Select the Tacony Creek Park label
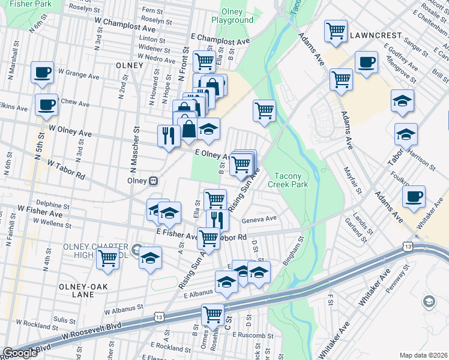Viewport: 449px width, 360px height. coord(291,180)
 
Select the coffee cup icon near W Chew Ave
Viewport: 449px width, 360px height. coord(46,105)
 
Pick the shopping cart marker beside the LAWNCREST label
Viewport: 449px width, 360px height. coord(336,31)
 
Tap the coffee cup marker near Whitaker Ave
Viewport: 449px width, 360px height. coord(413,197)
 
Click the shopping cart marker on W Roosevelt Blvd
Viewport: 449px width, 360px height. coord(212,314)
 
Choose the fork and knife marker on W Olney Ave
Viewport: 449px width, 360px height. coord(168,135)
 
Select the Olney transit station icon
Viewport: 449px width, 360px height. coord(154,180)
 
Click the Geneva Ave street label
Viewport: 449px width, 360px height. coord(259,219)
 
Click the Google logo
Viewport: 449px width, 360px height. coord(19,353)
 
